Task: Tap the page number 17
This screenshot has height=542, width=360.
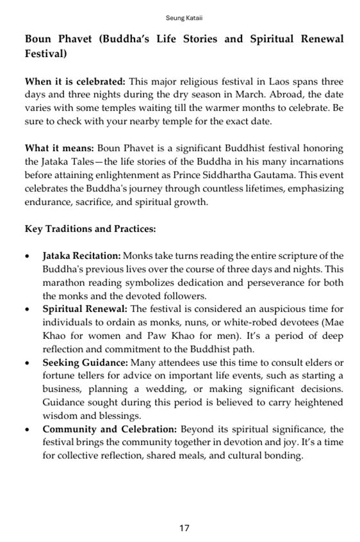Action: click(x=184, y=528)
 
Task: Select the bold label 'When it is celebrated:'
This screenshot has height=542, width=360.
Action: click(x=74, y=82)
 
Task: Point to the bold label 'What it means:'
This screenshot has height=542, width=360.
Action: click(x=59, y=149)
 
